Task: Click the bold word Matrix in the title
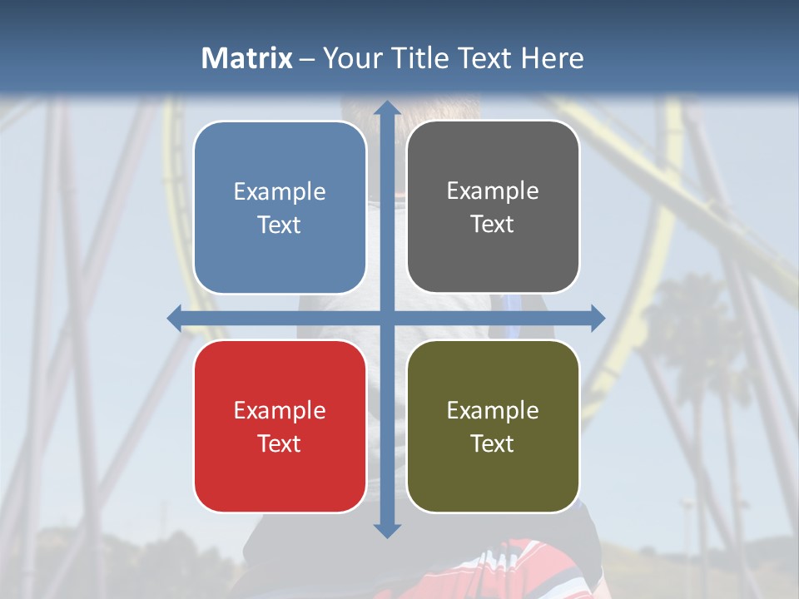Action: tap(247, 58)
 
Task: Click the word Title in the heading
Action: tap(425, 58)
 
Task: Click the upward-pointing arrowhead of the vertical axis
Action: tap(386, 108)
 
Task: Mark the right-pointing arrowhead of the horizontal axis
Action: tap(597, 318)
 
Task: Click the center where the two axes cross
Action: tap(386, 318)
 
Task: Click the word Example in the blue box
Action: tap(280, 192)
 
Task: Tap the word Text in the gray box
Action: tap(493, 225)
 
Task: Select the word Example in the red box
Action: tap(280, 410)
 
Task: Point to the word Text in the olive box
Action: tap(493, 443)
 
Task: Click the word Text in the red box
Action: tap(280, 443)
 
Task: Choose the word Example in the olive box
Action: tap(493, 410)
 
